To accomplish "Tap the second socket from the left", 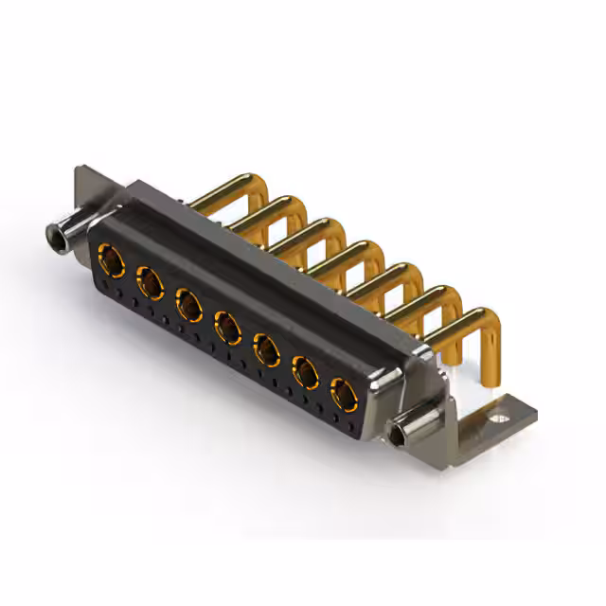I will click(149, 280).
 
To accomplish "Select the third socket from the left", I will click(188, 304).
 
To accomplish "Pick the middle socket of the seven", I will click(227, 328).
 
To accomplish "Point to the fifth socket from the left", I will click(267, 351).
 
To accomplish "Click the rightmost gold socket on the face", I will click(343, 394).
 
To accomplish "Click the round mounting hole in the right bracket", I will click(498, 413).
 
